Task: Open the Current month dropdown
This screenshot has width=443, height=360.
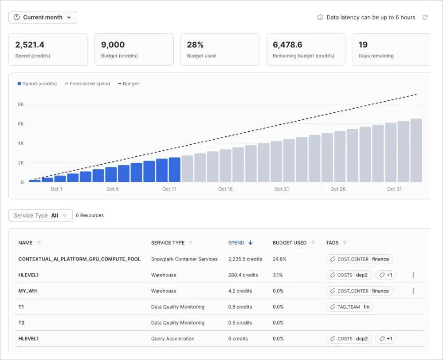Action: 43,17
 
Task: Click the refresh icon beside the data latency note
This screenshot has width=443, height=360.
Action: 425,17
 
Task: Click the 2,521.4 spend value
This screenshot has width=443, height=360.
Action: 30,45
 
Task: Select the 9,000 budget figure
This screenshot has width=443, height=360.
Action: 113,45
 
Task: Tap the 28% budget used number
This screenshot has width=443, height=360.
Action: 195,45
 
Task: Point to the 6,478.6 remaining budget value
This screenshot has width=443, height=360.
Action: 287,45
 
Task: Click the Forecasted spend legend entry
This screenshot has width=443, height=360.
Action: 87,83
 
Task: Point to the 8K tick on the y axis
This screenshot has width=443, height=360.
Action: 20,104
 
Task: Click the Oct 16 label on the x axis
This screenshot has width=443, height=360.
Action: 225,189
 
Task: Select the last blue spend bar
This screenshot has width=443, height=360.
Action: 175,170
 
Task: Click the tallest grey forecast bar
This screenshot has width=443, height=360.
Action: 416,150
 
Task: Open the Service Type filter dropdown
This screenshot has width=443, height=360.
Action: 40,215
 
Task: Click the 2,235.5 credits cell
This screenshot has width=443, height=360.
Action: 245,259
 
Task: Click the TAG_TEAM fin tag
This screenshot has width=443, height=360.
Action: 349,307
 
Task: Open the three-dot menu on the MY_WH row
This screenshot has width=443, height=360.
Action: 413,291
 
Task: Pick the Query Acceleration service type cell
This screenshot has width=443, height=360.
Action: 172,339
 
